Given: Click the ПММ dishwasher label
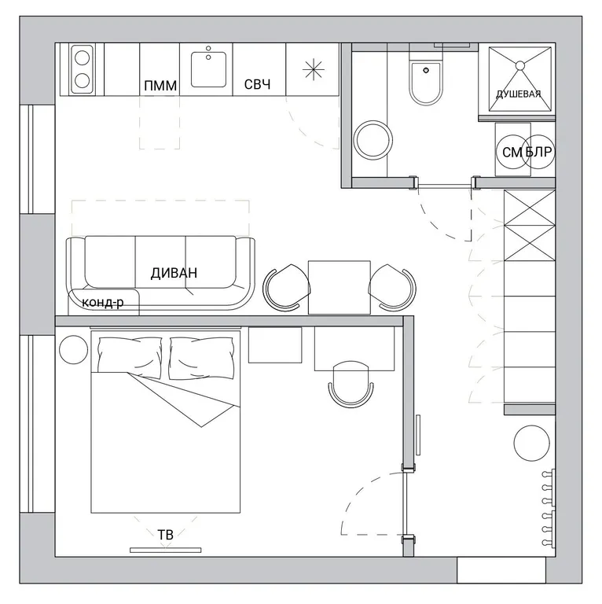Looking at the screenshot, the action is pyautogui.click(x=160, y=86).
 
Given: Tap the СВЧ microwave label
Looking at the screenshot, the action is pyautogui.click(x=257, y=84).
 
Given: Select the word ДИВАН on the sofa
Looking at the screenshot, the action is pyautogui.click(x=174, y=273).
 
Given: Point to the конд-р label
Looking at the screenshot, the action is pyautogui.click(x=103, y=302).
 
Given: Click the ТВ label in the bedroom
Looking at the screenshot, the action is pyautogui.click(x=166, y=534).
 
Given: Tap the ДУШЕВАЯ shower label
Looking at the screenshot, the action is pyautogui.click(x=519, y=94).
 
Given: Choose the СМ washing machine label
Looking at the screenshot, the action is pyautogui.click(x=512, y=153).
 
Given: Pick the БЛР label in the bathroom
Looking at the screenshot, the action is pyautogui.click(x=538, y=152).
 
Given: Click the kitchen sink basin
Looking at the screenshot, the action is pyautogui.click(x=208, y=69).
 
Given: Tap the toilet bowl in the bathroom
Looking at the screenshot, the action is pyautogui.click(x=426, y=83).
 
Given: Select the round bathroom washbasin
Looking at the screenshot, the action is pyautogui.click(x=373, y=140).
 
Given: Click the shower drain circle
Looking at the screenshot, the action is pyautogui.click(x=520, y=65).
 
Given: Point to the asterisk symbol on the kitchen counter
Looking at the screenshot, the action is pyautogui.click(x=314, y=70).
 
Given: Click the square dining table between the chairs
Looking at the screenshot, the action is pyautogui.click(x=339, y=287).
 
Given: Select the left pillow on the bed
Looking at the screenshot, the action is pyautogui.click(x=130, y=358).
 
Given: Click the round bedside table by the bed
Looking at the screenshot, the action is pyautogui.click(x=74, y=349).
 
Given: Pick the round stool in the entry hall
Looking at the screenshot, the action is pyautogui.click(x=531, y=443).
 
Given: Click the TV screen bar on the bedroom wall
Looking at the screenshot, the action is pyautogui.click(x=166, y=550).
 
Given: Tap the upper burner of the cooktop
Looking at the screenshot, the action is pyautogui.click(x=83, y=58).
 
